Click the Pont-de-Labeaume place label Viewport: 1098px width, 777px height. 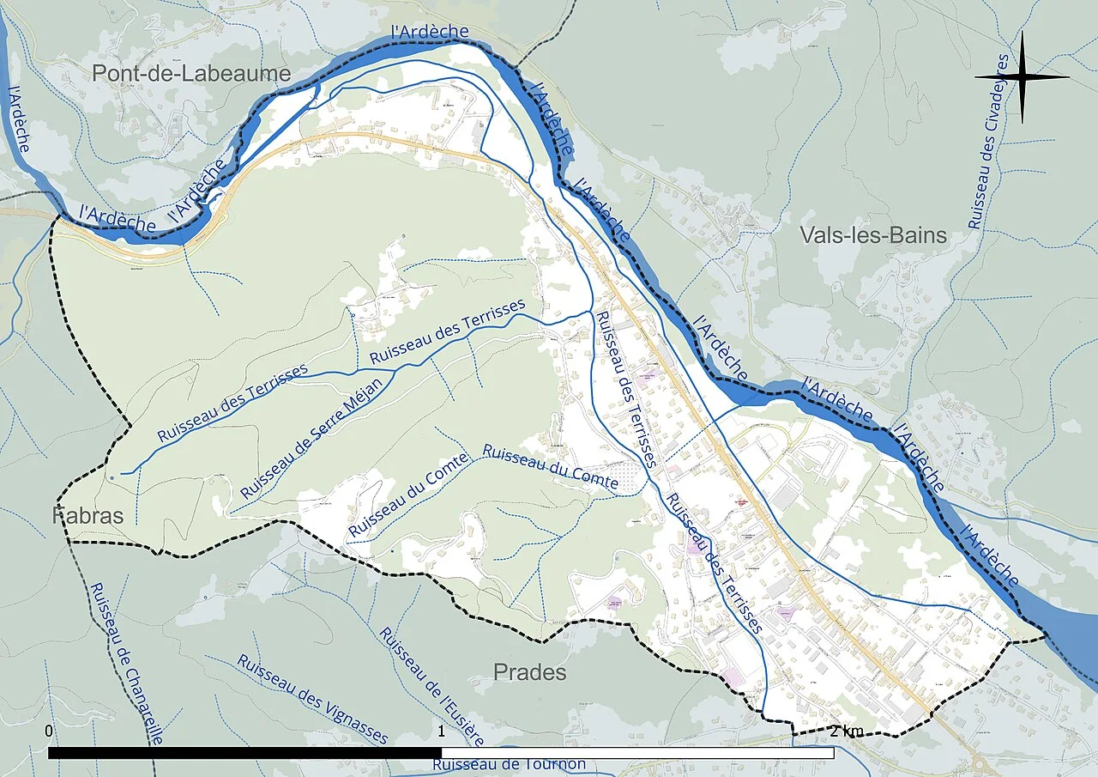tap(191, 74)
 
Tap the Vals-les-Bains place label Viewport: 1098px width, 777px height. tap(872, 235)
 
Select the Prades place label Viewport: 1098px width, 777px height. tap(529, 672)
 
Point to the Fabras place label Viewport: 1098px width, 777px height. tap(88, 516)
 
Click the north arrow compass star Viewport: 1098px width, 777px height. tap(1022, 77)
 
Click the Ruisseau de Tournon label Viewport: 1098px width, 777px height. tap(509, 764)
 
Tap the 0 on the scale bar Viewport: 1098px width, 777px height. tap(49, 731)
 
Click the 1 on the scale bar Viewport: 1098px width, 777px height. tap(441, 731)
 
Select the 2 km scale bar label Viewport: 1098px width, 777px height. tap(847, 731)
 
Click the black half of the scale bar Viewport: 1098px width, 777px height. tap(244, 753)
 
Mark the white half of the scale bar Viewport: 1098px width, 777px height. tap(637, 753)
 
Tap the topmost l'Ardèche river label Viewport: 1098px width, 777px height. tap(429, 32)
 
